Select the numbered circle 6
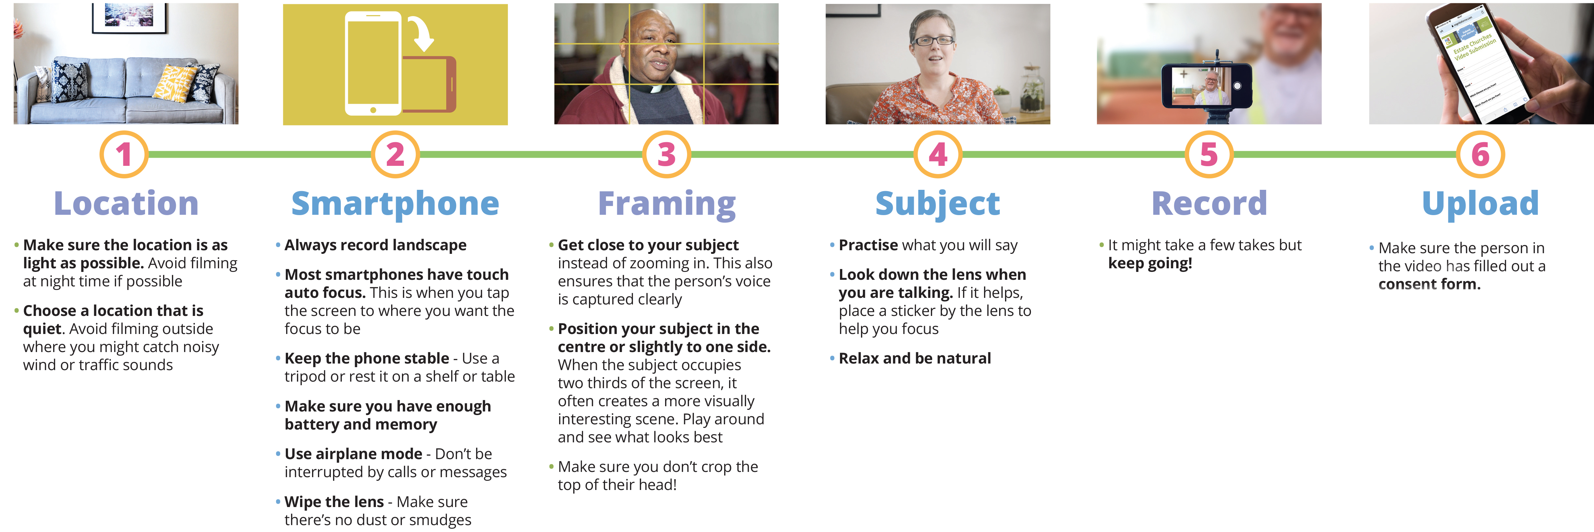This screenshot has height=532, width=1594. click(1480, 154)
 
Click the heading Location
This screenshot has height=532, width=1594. click(126, 203)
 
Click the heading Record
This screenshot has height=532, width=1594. click(1209, 203)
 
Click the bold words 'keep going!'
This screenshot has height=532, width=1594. click(1150, 263)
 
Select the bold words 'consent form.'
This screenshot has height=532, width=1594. click(1429, 284)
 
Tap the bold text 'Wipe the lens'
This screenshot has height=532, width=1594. click(334, 502)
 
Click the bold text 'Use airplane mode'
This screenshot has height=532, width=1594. click(353, 454)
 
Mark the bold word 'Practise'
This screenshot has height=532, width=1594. click(868, 245)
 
